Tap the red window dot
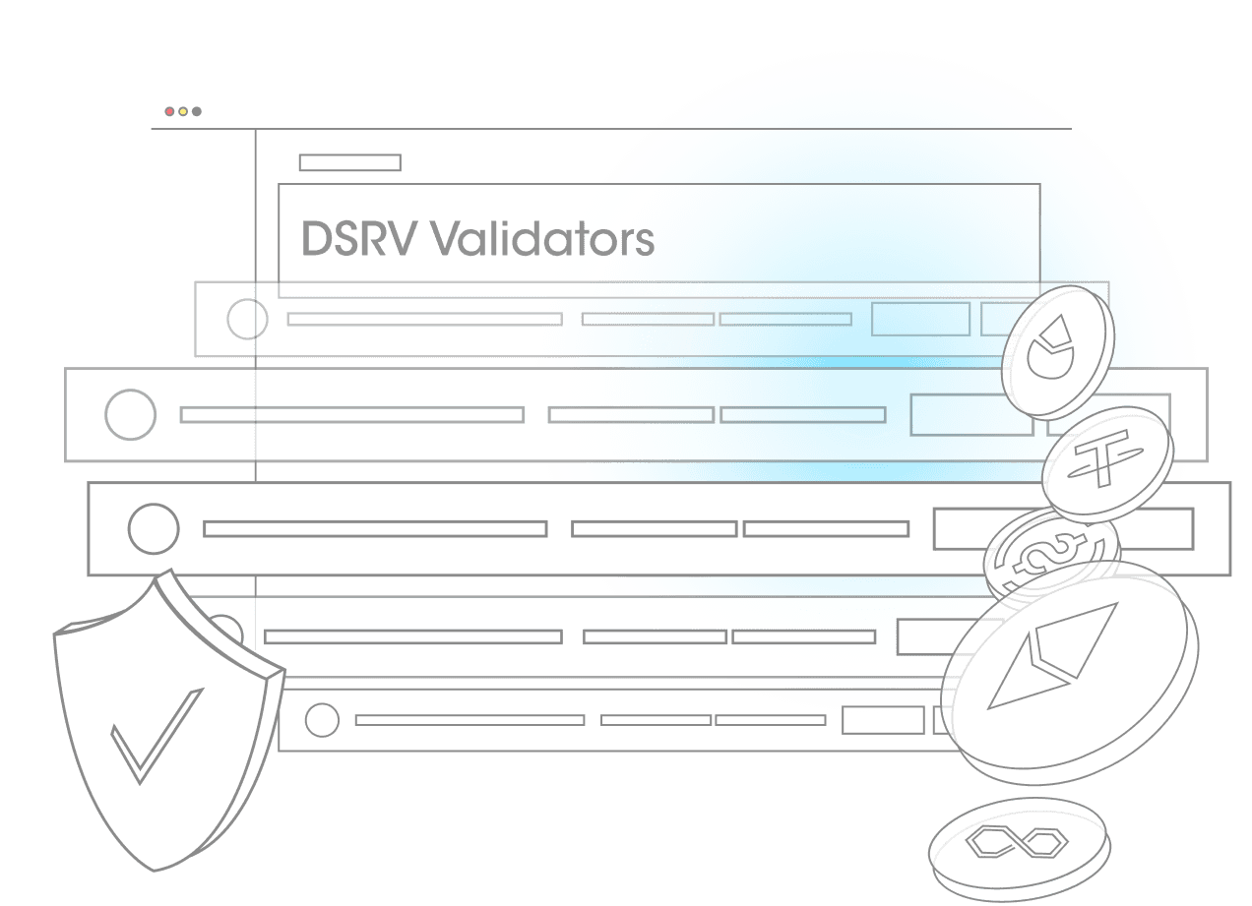click(x=169, y=112)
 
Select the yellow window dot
click(x=183, y=112)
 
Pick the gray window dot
click(x=197, y=112)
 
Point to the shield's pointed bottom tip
click(x=156, y=869)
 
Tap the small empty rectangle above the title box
click(x=349, y=162)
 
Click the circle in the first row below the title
click(x=247, y=320)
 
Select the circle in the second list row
click(x=130, y=414)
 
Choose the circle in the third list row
click(x=153, y=529)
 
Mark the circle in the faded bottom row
click(x=321, y=720)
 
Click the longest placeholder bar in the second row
click(x=351, y=415)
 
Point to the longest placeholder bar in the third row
click(x=375, y=529)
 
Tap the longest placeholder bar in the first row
click(x=424, y=320)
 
